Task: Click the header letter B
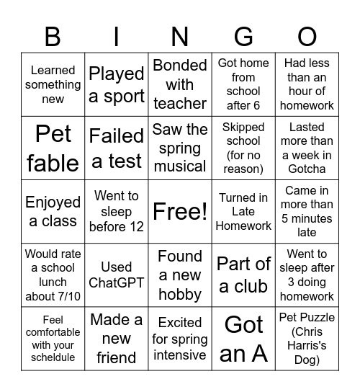pos(53,36)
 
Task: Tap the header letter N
pos(180,36)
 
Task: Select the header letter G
pos(243,36)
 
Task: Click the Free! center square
pos(180,211)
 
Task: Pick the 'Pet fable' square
pos(53,148)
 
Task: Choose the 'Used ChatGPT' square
pos(116,275)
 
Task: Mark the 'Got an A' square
pos(243,338)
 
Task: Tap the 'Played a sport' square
pos(116,84)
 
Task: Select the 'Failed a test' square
pos(116,148)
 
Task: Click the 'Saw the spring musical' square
pos(180,148)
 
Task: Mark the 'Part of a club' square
pos(243,275)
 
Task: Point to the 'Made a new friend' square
pos(116,338)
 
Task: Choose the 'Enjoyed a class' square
pos(53,211)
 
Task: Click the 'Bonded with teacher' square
pos(180,84)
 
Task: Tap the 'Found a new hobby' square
pos(180,275)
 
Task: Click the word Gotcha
pos(307,169)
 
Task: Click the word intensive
pos(180,355)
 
